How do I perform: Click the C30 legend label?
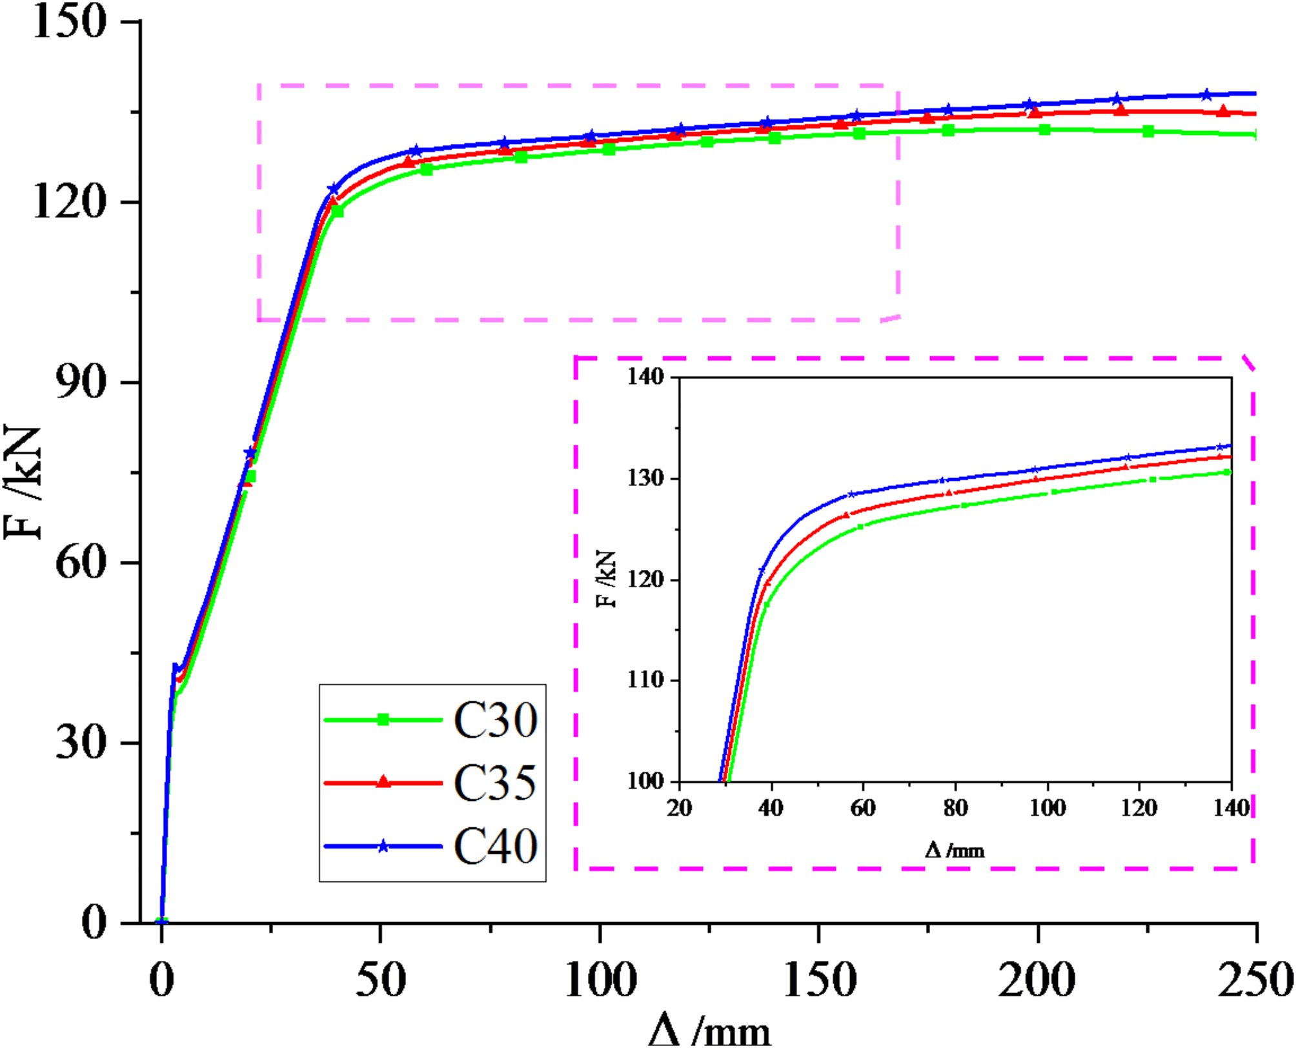[495, 720]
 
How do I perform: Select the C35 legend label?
[495, 783]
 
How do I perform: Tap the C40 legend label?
[495, 846]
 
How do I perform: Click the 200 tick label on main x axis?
[1037, 980]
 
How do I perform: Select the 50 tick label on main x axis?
[381, 980]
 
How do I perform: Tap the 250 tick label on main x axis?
[1255, 980]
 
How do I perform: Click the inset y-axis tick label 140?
[645, 377]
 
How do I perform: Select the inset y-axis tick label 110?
[645, 680]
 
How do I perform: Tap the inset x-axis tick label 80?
[955, 807]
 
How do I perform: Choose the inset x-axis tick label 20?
[679, 807]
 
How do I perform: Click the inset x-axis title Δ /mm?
[955, 851]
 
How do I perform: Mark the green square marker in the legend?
[383, 720]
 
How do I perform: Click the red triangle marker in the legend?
[383, 782]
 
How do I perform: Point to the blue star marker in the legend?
[383, 846]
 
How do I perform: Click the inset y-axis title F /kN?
[607, 579]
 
